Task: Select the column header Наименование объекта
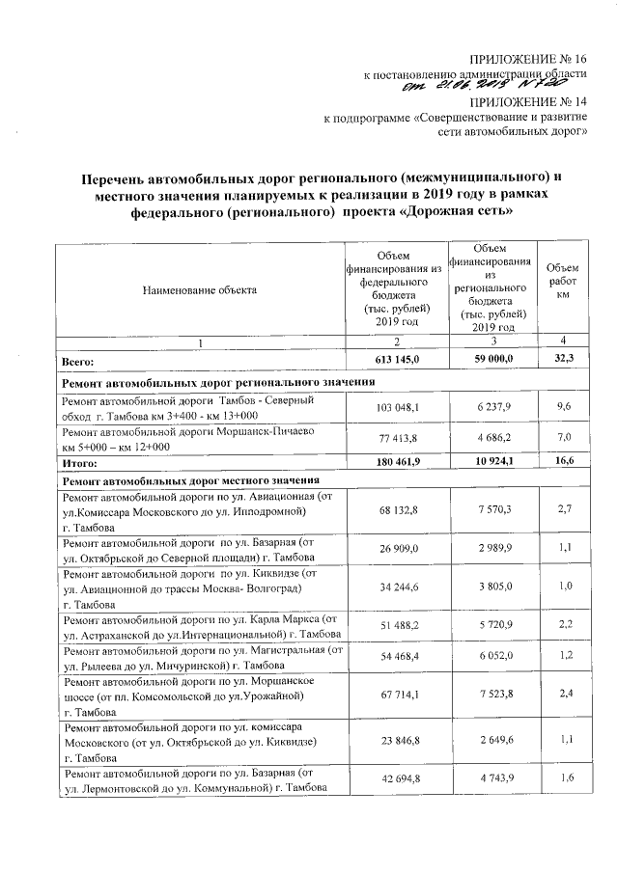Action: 200,288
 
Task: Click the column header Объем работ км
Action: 561,281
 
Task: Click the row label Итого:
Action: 78,464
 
